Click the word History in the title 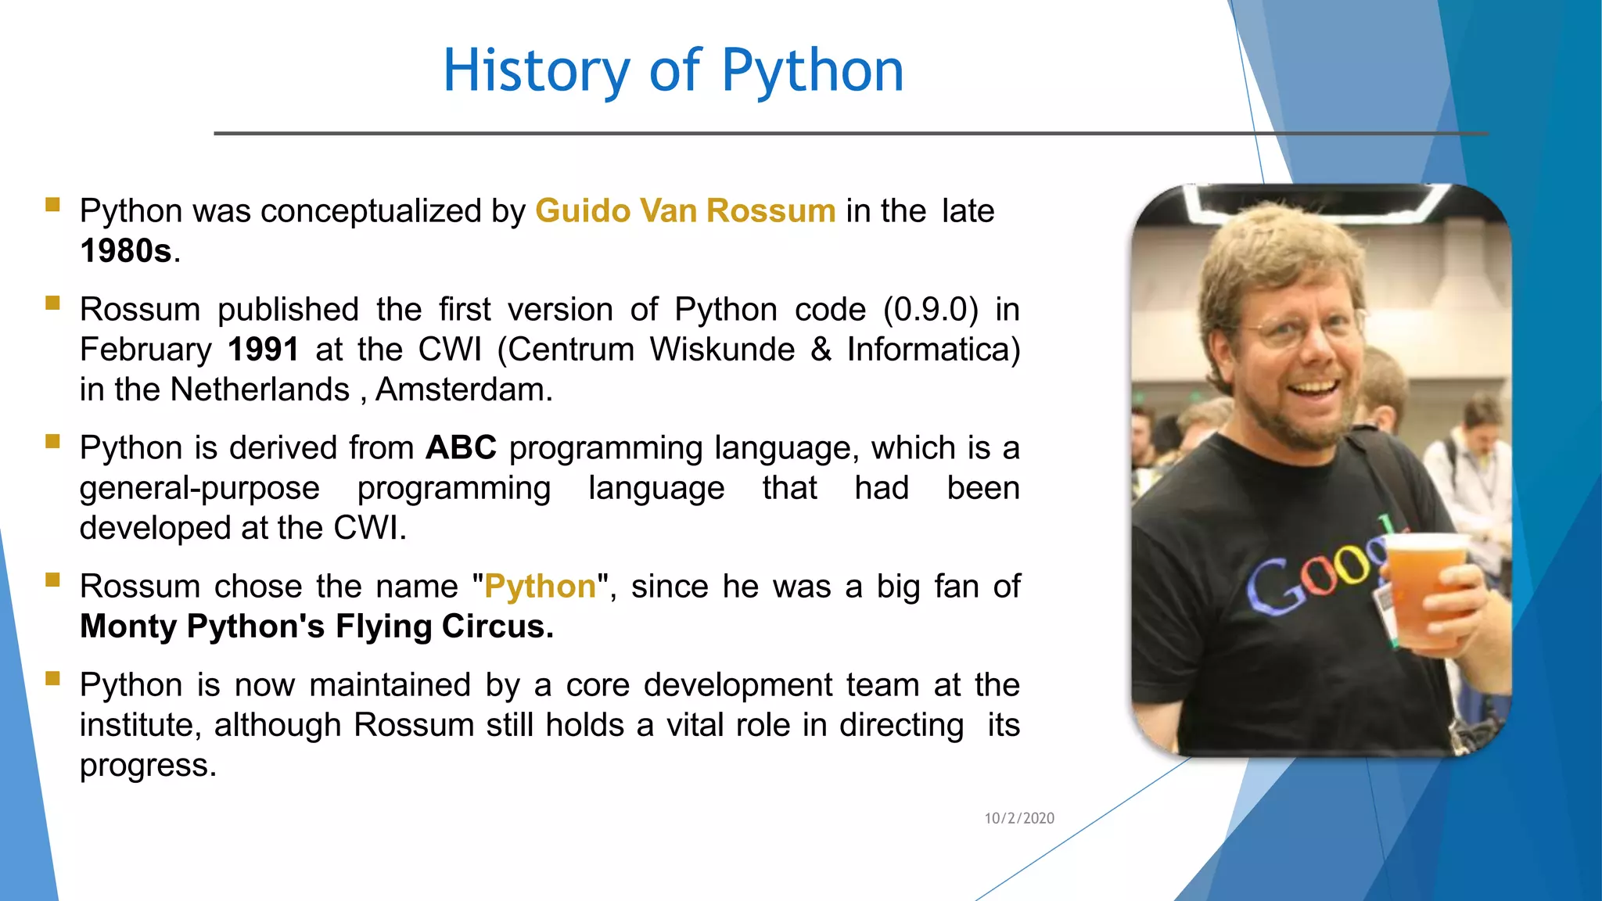(536, 70)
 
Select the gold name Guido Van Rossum (685, 211)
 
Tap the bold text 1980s (126, 251)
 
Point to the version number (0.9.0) (931, 310)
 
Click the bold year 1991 (263, 350)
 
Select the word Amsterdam (464, 389)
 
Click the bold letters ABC (461, 448)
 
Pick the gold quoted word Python (540, 587)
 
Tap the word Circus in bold (497, 626)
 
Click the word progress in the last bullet (147, 765)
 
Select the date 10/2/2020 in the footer (1018, 818)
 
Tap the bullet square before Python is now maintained (53, 678)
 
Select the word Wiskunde (722, 350)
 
